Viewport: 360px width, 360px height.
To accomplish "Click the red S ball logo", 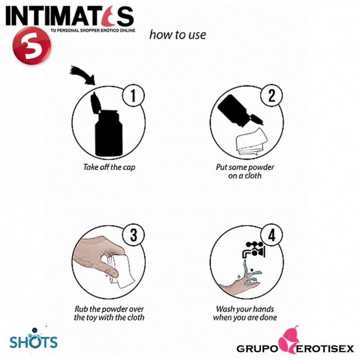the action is (x=31, y=46).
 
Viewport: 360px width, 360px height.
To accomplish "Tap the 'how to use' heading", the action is (x=178, y=35).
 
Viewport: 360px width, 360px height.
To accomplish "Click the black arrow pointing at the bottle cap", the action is (x=83, y=75).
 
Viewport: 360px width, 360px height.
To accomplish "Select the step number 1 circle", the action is (x=133, y=95).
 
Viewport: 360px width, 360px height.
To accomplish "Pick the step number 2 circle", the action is (x=271, y=95).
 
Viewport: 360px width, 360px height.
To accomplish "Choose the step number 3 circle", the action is (x=133, y=235).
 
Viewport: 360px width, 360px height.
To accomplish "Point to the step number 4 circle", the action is (x=271, y=235).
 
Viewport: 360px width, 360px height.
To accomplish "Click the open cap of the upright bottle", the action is (x=96, y=103).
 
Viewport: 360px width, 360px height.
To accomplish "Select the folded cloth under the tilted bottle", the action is (x=252, y=141).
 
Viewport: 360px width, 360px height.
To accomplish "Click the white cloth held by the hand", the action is (x=121, y=271).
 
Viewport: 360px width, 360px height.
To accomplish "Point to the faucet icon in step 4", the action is (x=253, y=250).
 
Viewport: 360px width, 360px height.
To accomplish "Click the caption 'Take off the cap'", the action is (x=109, y=167).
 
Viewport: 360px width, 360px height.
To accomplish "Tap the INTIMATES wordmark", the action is (x=70, y=16).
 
